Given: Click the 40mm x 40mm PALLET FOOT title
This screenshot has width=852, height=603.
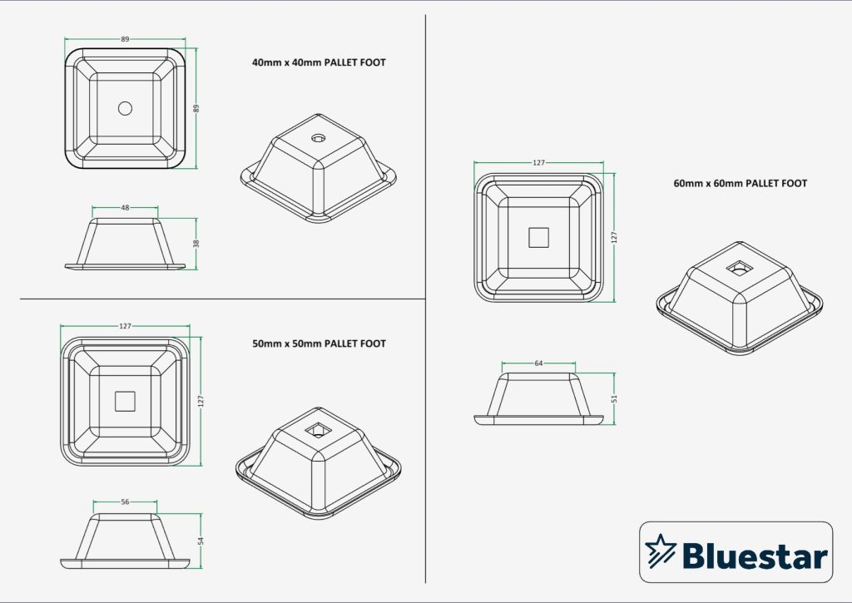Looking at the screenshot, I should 319,62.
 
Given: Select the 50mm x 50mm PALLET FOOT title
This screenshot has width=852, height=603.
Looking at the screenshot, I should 319,344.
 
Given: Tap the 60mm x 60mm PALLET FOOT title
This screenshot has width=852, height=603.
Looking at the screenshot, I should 740,183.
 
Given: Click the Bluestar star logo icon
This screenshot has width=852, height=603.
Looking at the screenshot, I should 661,551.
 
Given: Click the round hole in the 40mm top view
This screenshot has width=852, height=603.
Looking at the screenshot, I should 125,108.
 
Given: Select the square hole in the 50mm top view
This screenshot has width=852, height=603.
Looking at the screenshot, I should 125,401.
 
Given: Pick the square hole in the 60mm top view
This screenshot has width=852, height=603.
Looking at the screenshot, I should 539,238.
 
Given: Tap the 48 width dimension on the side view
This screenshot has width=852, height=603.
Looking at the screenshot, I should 125,207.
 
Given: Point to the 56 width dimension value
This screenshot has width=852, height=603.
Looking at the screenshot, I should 125,502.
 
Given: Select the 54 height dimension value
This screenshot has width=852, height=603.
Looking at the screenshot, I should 201,541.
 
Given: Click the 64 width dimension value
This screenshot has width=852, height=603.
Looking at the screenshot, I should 538,363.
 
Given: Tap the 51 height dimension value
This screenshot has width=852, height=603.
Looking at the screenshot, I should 615,398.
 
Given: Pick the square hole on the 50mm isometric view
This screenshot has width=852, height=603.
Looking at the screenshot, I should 316,430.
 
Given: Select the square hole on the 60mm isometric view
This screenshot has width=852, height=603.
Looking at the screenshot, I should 737,268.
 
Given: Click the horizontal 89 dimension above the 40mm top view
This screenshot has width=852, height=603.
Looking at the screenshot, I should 125,39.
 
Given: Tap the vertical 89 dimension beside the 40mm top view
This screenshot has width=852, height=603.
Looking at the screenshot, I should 198,108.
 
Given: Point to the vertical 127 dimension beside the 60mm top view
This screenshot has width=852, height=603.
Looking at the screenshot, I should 614,238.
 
